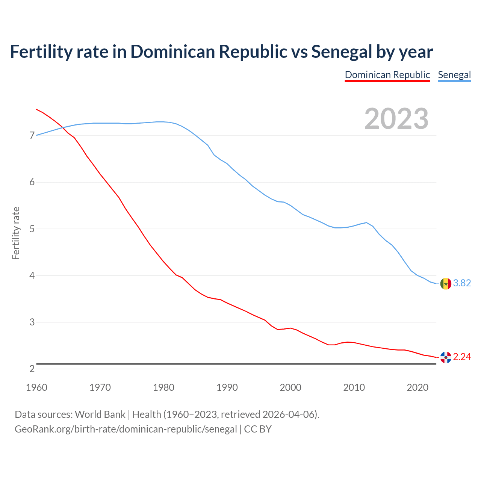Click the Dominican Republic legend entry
click(387, 75)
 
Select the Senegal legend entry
click(454, 75)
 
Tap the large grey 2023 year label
click(396, 119)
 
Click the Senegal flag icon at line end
click(446, 283)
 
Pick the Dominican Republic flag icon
click(446, 357)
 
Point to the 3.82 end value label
click(462, 283)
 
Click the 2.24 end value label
click(462, 357)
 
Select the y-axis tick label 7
click(32, 136)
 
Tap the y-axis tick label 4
click(32, 276)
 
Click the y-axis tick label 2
click(32, 369)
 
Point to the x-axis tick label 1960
click(36, 387)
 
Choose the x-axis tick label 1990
click(227, 387)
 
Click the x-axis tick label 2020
click(417, 387)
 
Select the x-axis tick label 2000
click(290, 387)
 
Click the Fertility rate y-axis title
click(16, 233)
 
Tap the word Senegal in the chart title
click(341, 52)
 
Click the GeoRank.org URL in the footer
click(126, 429)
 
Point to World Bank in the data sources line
click(100, 414)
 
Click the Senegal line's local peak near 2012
click(366, 222)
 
